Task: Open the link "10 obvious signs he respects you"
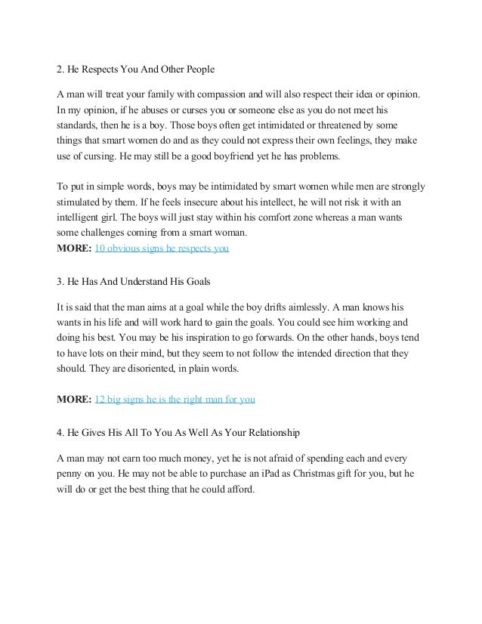point(165,248)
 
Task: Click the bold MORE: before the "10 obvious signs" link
point(76,248)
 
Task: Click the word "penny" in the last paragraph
point(73,473)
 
